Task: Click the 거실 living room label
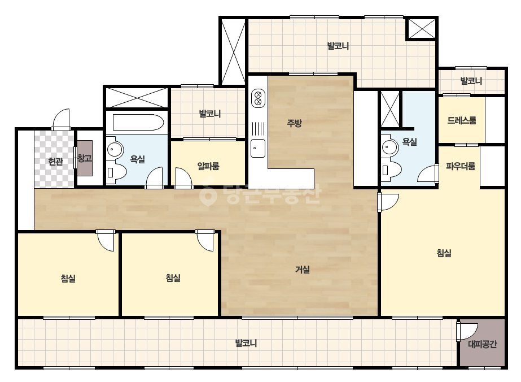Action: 303,269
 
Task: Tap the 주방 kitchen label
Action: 295,123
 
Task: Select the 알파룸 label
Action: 208,166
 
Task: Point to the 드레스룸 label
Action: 462,120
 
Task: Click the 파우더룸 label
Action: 460,166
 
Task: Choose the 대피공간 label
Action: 483,344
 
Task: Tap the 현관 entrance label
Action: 55,162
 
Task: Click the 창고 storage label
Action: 85,158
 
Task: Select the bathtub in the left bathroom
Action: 138,123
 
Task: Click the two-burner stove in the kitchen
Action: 258,98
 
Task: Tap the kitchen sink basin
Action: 258,148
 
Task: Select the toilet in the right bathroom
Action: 391,170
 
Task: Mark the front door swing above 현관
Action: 62,119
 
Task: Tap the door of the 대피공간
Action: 467,331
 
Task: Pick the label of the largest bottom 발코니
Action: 246,343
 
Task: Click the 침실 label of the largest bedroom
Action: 444,253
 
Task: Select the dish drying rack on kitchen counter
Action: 258,129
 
